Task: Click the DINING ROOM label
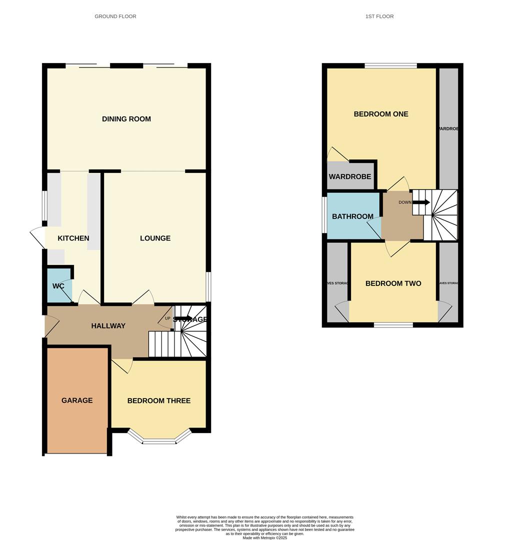point(126,119)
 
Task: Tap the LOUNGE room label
point(155,238)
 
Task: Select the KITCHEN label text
point(73,238)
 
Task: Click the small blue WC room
point(58,286)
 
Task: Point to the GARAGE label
point(77,400)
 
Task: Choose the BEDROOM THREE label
point(158,400)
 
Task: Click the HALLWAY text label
point(108,326)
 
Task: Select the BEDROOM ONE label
point(381,114)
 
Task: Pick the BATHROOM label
point(352,216)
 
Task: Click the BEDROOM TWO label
point(393,283)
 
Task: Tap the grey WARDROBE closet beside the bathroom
point(350,176)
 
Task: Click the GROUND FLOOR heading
point(115,16)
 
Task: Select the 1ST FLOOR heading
point(379,16)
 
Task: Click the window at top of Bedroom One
point(391,65)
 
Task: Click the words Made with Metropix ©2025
point(265,537)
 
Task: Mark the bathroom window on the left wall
point(324,215)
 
